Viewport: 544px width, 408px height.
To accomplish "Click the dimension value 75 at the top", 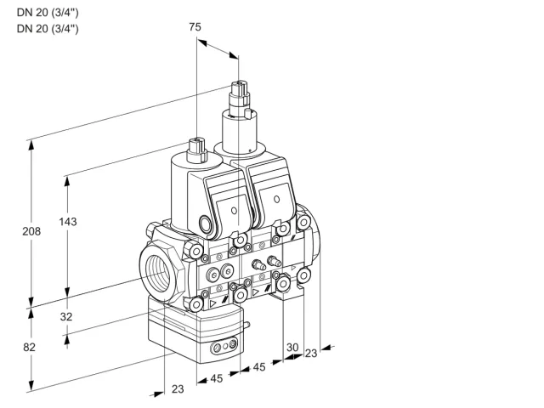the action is coord(195,26).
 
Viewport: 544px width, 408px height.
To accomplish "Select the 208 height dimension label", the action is coord(31,231).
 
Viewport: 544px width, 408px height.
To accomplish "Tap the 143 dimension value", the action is coord(68,221).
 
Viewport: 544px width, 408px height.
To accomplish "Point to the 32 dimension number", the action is coord(66,316).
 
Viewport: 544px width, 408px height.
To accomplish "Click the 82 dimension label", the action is coord(29,347).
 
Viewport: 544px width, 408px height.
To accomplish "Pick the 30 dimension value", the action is coord(292,347).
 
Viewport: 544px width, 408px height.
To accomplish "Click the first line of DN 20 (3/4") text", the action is coord(48,13).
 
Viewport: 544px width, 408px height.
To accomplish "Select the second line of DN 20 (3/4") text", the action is coord(48,29).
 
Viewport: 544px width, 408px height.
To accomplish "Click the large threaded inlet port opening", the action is coord(158,274).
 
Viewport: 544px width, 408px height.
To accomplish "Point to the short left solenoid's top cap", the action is coord(196,150).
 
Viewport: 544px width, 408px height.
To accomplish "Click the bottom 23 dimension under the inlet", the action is coord(178,389).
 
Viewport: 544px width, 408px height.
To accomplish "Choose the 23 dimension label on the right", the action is coord(311,354).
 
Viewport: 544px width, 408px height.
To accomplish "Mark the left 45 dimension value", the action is coord(217,378).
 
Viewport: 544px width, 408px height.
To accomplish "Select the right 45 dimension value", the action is coord(259,367).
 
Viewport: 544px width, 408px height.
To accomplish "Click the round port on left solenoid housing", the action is coord(205,224).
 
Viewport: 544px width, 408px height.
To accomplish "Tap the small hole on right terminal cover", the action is coord(276,199).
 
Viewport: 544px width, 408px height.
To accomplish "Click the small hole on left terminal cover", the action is coord(234,211).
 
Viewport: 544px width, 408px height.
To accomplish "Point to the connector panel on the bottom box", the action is coord(224,346).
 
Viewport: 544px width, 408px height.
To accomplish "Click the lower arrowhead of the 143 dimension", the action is coord(67,292).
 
